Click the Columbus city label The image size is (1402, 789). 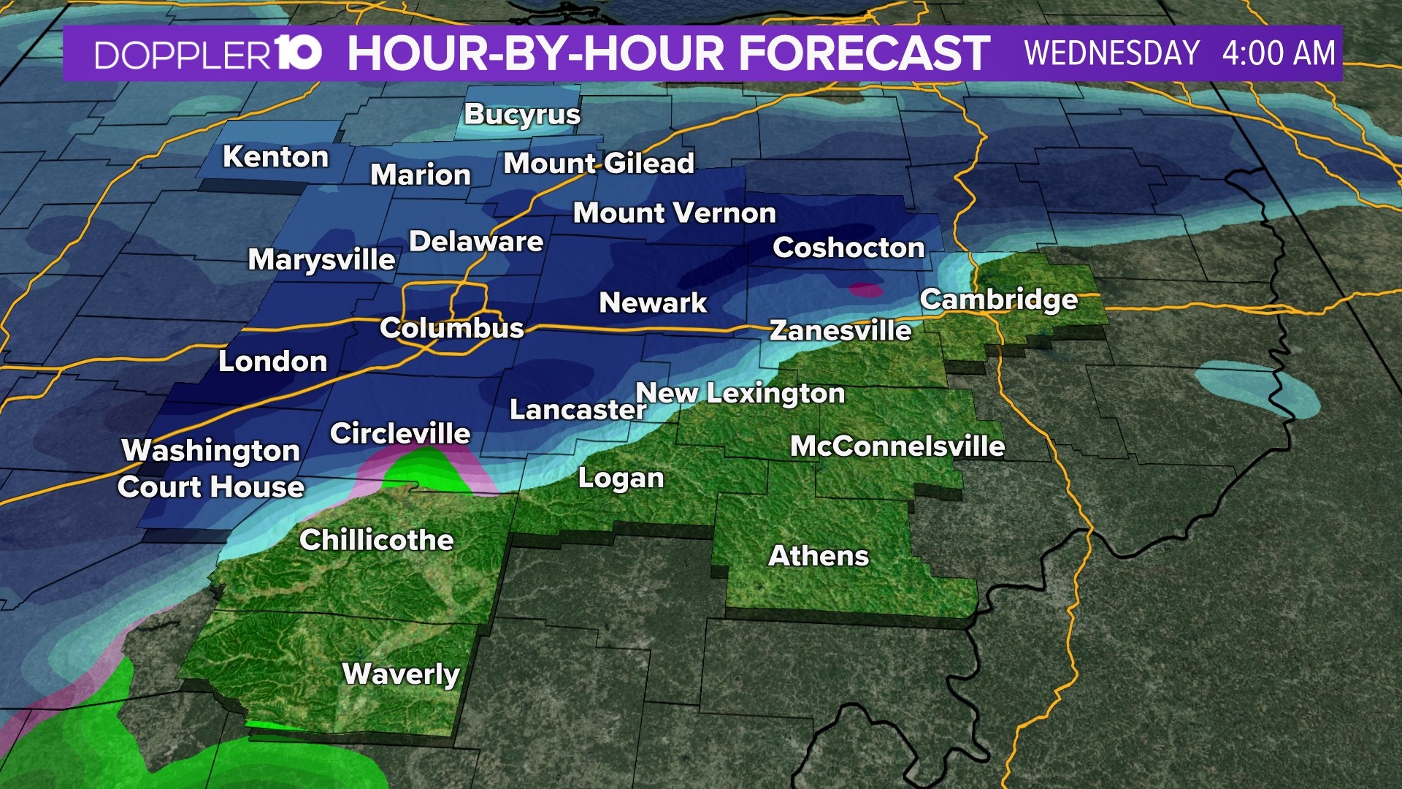451,328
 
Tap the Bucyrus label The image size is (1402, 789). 522,115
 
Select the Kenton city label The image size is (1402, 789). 275,157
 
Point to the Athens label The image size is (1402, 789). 819,556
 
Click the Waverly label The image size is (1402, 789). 401,674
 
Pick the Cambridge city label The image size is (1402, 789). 998,300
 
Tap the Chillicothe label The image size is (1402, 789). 377,541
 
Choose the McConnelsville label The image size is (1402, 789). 897,446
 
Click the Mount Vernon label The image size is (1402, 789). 674,213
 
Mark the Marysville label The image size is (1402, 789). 321,260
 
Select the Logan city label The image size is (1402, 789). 621,479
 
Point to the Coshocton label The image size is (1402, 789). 849,248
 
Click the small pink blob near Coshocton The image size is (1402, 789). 866,290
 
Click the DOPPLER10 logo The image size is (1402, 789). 208,54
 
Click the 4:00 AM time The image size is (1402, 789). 1279,54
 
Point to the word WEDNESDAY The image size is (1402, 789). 1111,54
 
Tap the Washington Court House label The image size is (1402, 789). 211,469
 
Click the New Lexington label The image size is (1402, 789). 740,393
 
